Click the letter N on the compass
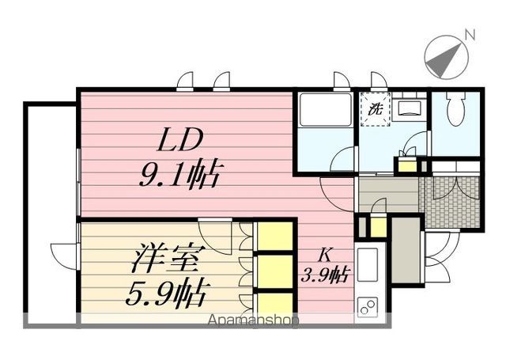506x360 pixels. [x=470, y=34]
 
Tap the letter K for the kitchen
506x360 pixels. [x=325, y=256]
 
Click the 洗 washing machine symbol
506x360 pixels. [x=374, y=110]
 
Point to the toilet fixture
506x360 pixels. [x=456, y=111]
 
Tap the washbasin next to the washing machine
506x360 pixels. [x=410, y=109]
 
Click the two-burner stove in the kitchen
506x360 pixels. [x=368, y=305]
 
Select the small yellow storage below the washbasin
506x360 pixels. [x=406, y=165]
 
